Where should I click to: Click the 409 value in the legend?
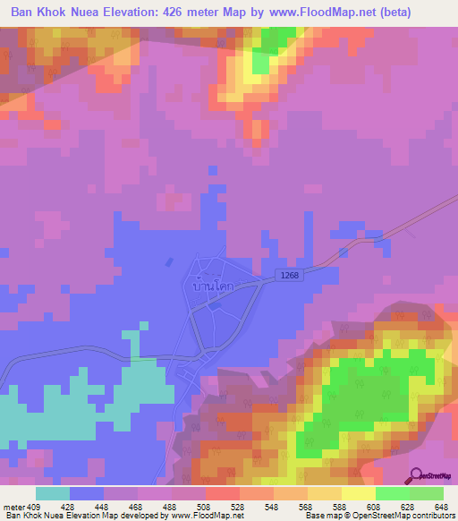[34, 506]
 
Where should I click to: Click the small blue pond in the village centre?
[212, 304]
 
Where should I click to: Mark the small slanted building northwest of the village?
[169, 262]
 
